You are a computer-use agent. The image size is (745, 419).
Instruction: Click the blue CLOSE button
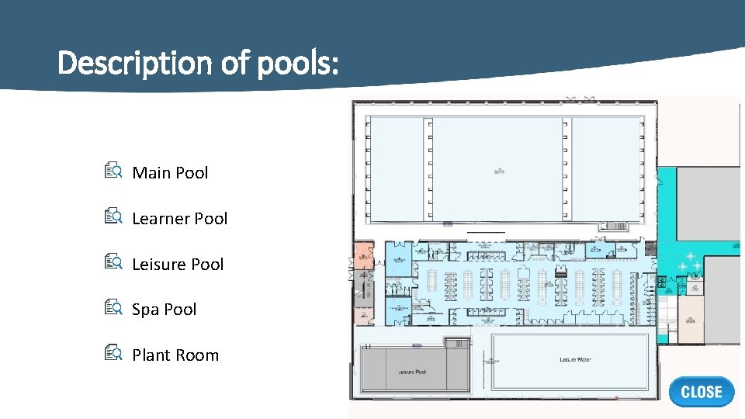(701, 392)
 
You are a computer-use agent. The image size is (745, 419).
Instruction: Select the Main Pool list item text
(170, 173)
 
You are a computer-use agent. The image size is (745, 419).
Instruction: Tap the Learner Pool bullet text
(179, 219)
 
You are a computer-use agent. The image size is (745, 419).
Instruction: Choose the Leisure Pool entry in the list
(178, 265)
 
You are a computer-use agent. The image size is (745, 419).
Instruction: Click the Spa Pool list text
(164, 310)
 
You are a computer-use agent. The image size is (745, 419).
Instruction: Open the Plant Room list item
(175, 355)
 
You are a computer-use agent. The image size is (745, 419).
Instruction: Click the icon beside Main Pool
(113, 171)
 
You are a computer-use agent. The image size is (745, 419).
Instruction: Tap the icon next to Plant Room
(113, 354)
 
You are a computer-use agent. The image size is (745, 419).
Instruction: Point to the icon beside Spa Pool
(113, 308)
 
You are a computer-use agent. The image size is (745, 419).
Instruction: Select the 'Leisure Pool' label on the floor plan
(411, 372)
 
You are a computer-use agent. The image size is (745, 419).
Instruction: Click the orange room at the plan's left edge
(363, 255)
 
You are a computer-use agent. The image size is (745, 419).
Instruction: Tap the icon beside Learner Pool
(113, 217)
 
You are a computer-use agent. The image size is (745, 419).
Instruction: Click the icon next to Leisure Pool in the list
(113, 263)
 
